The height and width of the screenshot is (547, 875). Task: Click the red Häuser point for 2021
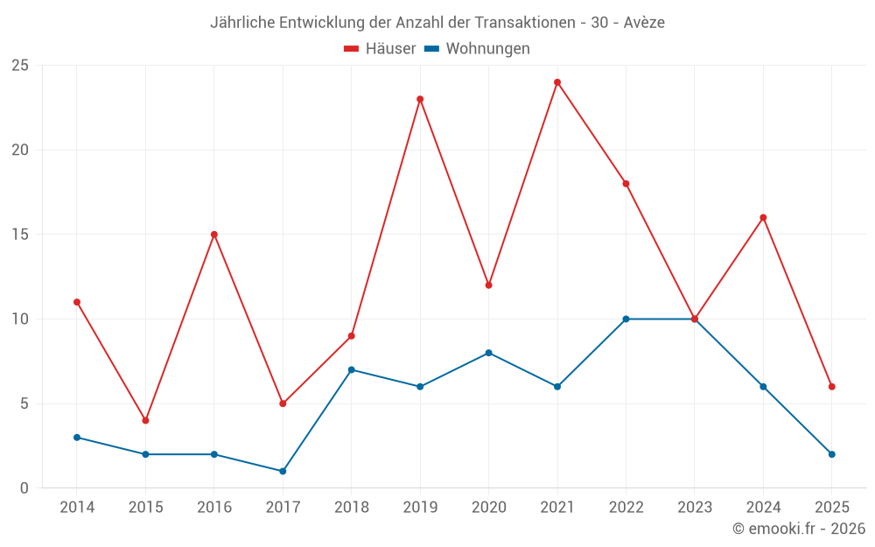[x=557, y=82]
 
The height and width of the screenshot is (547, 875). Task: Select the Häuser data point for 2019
[x=420, y=99]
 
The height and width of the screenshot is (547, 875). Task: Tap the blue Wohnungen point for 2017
[x=283, y=471]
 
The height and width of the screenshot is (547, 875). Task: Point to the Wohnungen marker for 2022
[x=626, y=319]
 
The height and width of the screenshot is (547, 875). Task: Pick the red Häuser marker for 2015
[x=145, y=420]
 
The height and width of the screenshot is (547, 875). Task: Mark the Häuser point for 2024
[x=763, y=217]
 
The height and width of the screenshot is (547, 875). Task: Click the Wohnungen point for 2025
[x=832, y=454]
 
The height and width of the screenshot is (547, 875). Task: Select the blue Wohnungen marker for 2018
[x=351, y=369]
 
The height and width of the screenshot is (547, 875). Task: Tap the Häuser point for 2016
[x=214, y=235]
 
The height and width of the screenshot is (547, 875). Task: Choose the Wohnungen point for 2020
[x=488, y=353]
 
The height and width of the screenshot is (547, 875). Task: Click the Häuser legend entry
[x=380, y=49]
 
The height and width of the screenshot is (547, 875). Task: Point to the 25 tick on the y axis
[x=20, y=66]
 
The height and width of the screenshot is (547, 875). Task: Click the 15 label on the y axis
[x=20, y=235]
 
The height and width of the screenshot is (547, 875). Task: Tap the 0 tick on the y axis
[x=24, y=488]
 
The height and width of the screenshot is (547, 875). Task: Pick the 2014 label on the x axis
[x=77, y=508]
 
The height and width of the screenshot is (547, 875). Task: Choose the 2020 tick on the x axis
[x=488, y=508]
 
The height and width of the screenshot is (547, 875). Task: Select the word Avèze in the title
[x=644, y=23]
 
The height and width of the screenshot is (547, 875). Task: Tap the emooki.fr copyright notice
[x=798, y=529]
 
